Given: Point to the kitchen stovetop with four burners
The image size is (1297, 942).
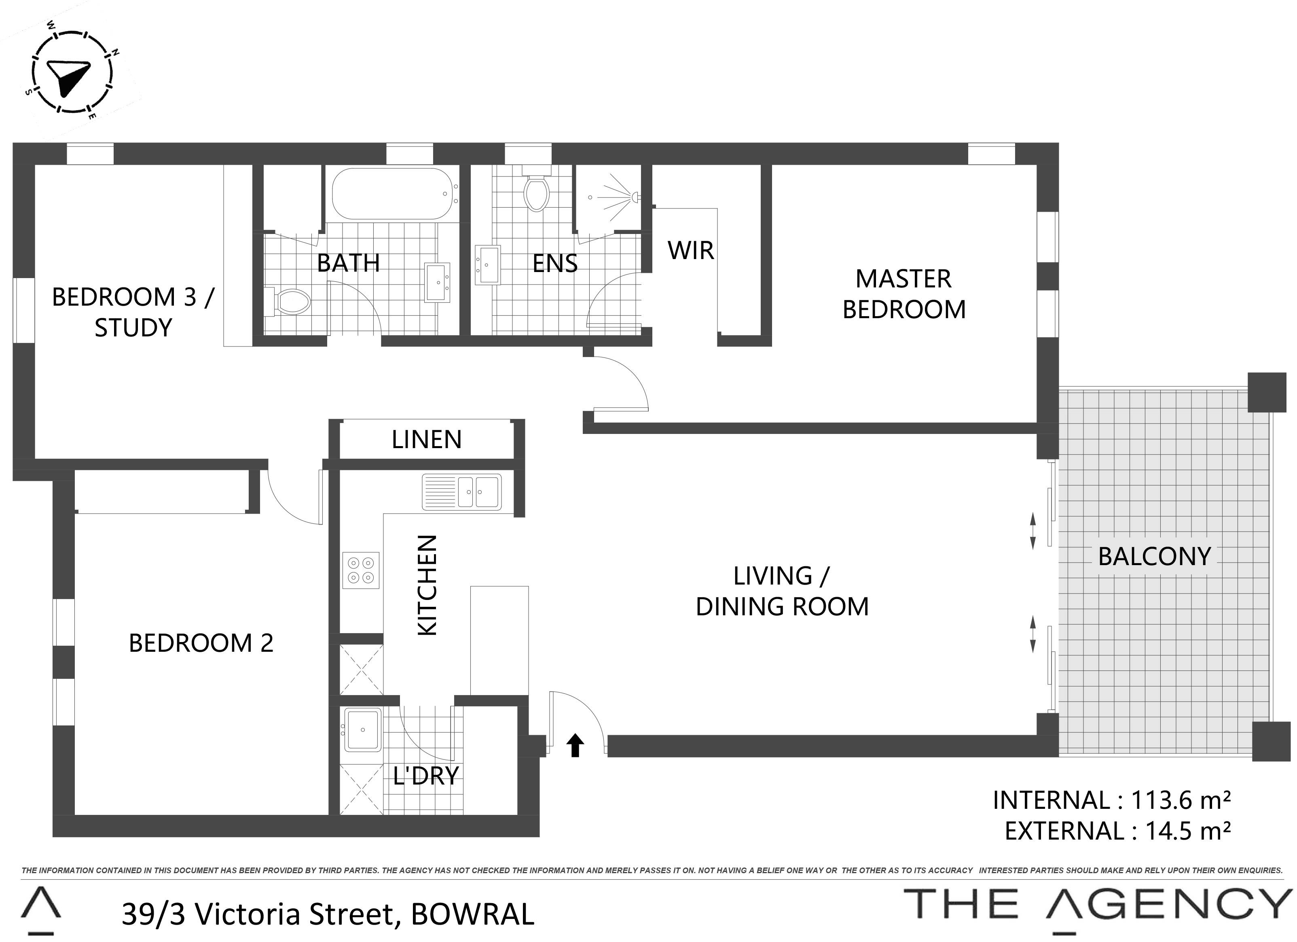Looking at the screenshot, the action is coord(361,570).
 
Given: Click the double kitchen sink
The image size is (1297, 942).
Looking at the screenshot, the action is coord(461,491).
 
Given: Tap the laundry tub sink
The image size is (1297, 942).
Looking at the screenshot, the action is coord(362,730).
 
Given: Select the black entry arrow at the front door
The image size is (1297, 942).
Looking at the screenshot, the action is coord(576,746).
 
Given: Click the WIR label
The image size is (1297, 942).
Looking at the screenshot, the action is coord(691,251).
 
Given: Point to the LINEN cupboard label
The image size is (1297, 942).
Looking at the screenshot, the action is coord(427,440).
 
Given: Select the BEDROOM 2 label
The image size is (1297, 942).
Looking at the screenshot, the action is coord(201,643).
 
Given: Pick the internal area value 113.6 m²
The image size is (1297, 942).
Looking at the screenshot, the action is coord(1181,800).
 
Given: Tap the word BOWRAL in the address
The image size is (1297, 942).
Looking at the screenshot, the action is coord(472,914).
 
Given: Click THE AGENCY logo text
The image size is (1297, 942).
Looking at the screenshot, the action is coord(1098,905).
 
